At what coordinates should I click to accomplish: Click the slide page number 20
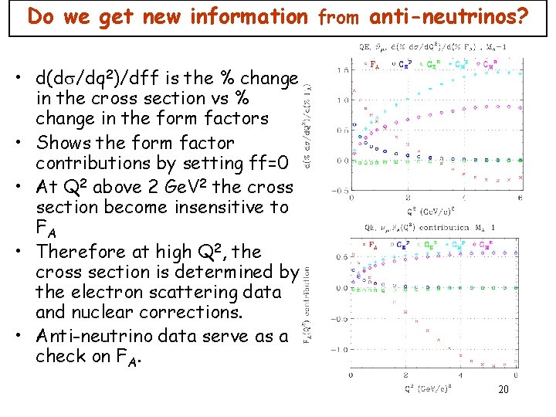503,390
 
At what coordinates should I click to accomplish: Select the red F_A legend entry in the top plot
375,65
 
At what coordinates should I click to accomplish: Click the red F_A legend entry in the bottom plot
373,245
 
